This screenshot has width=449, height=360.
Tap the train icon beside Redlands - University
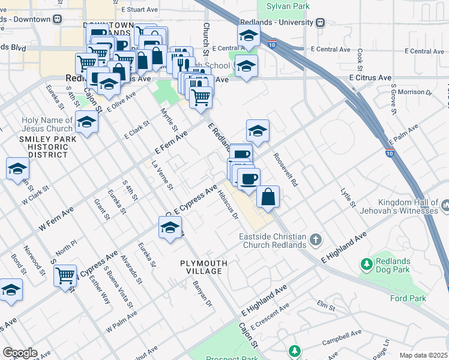click(320, 22)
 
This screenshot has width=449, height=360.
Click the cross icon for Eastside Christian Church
click(316, 241)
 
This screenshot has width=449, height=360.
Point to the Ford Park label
click(408, 298)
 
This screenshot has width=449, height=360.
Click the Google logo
click(20, 353)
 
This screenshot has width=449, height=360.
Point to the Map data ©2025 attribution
click(423, 355)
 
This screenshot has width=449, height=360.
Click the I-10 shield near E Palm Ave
click(390, 152)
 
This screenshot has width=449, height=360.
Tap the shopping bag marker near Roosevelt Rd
click(268, 197)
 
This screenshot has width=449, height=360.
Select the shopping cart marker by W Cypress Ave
click(65, 275)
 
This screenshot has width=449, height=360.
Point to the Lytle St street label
click(348, 197)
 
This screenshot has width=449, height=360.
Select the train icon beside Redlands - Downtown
click(57, 19)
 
